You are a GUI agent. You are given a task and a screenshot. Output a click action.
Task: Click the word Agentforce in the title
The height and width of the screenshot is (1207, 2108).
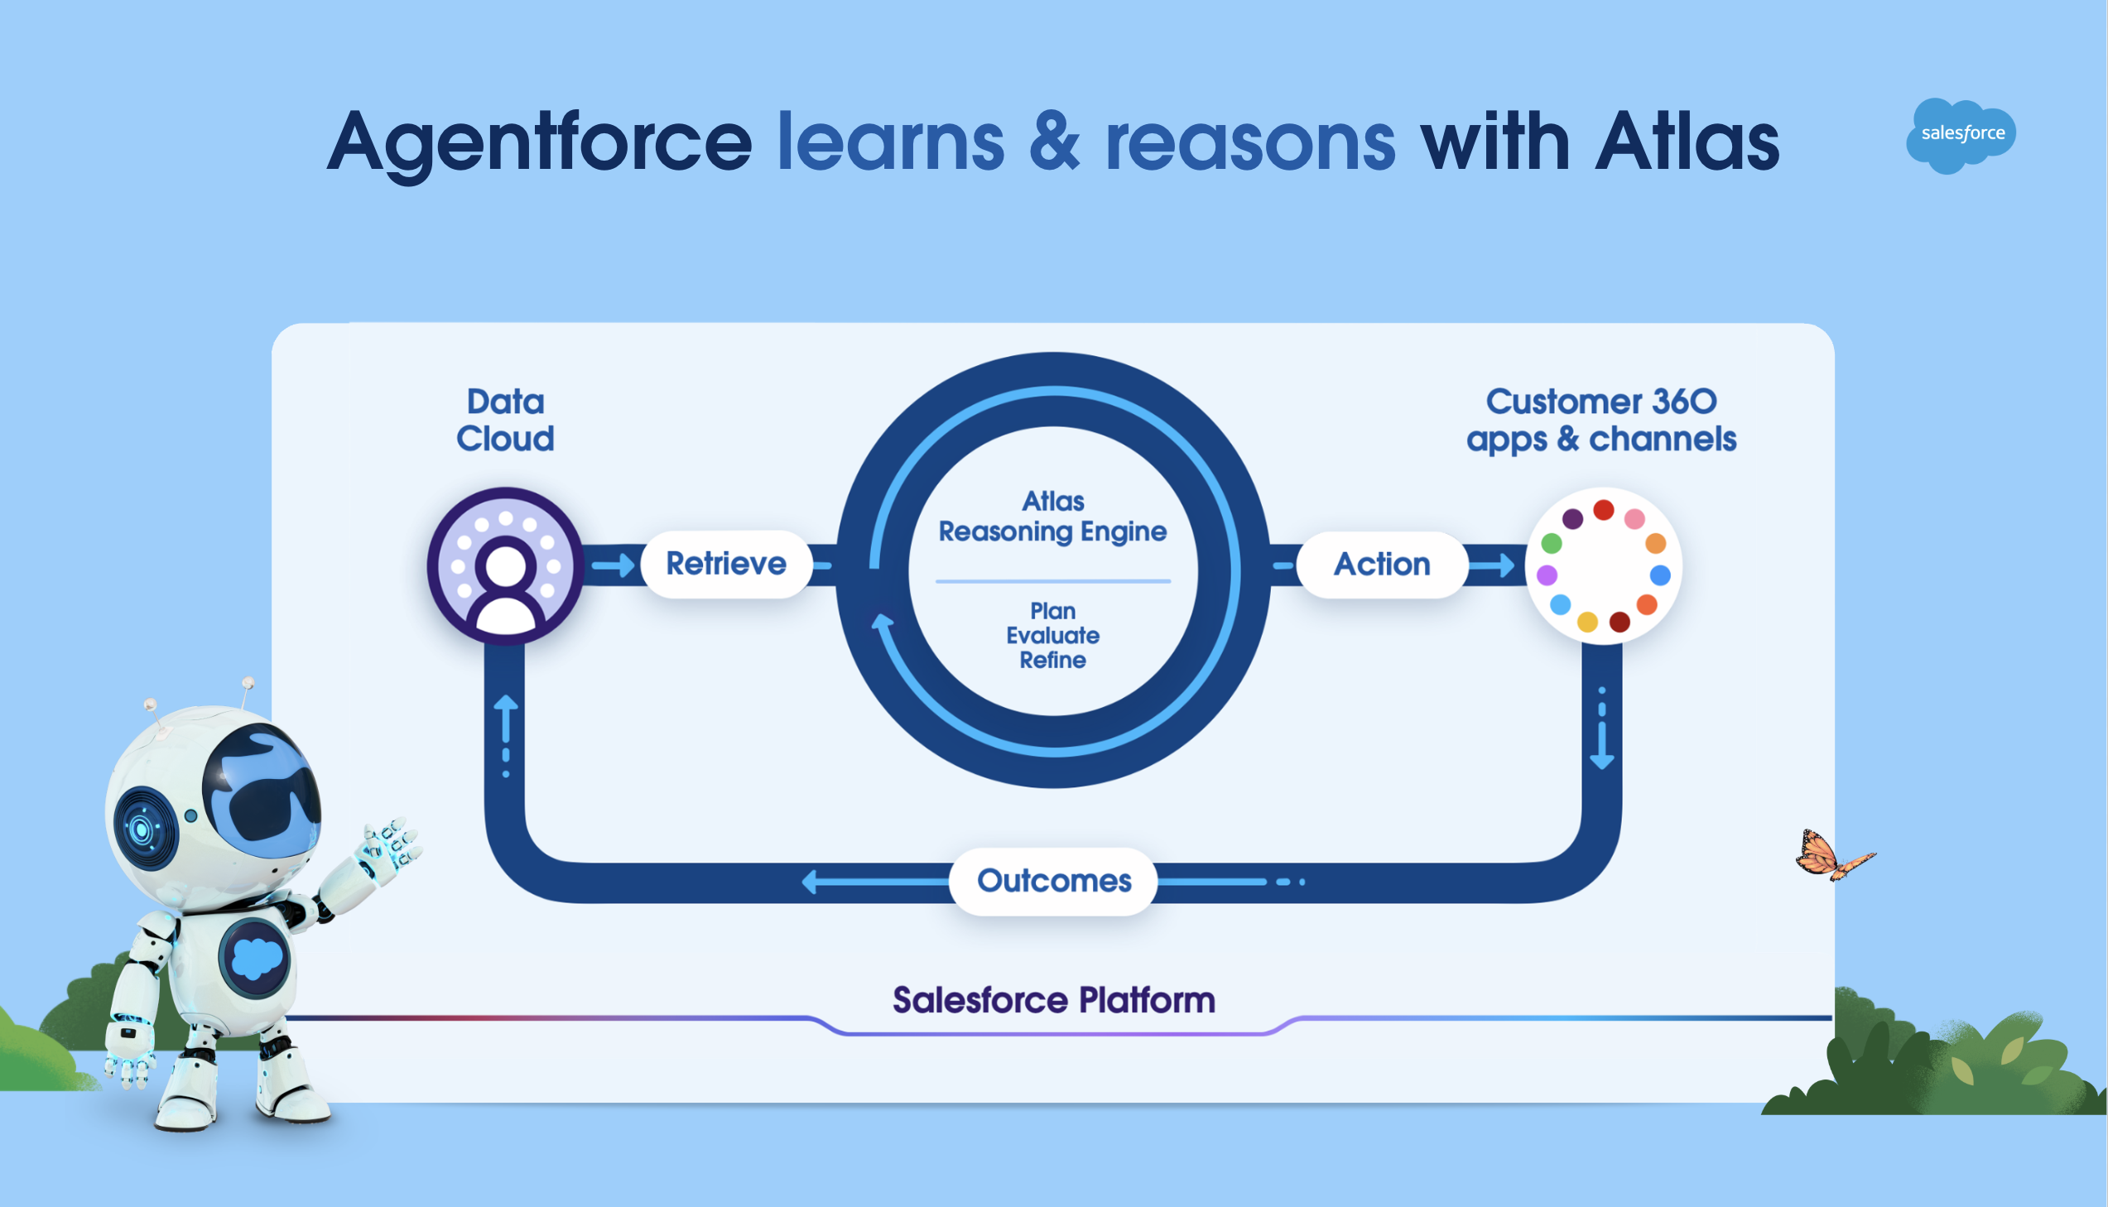coord(539,142)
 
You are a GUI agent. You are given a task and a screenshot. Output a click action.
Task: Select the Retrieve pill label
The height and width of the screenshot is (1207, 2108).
coord(726,564)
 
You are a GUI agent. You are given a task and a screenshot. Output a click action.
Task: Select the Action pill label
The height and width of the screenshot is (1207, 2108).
coord(1382,565)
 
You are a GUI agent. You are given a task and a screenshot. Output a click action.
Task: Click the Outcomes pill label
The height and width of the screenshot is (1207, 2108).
coord(1053,880)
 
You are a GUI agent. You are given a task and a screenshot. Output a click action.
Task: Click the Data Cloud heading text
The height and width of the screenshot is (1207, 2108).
coord(505,421)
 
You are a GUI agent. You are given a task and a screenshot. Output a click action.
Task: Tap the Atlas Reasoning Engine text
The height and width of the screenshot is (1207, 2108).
coord(1052,516)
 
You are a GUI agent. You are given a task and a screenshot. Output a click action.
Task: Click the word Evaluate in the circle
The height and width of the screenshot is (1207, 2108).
coord(1052,636)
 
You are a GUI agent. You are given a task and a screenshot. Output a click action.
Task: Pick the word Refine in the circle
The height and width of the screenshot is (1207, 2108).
coord(1052,661)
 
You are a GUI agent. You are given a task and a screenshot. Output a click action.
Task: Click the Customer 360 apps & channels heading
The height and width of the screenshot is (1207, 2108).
coord(1600,421)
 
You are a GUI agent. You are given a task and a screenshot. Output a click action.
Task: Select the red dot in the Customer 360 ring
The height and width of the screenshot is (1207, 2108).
coord(1603,510)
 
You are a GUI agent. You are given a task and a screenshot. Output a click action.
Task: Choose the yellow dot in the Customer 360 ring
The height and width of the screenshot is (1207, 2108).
coord(1586,622)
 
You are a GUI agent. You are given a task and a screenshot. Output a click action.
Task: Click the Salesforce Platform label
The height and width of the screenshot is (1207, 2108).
coord(1053,1001)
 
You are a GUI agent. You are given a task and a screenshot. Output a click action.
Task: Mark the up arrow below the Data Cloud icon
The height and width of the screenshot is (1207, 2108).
coord(506,721)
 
